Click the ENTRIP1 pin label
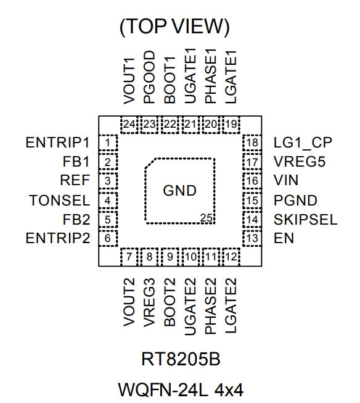tap(57, 143)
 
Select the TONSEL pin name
tap(60, 201)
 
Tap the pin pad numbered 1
tap(108, 143)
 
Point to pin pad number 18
tap(252, 143)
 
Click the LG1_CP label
tap(303, 143)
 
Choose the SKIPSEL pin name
tap(305, 220)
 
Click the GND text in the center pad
tap(180, 191)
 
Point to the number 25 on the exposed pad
tap(207, 218)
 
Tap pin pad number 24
tap(129, 125)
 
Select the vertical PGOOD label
tap(149, 77)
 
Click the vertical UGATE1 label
tap(190, 76)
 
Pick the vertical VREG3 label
tap(149, 302)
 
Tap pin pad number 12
tap(231, 257)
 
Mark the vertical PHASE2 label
tap(211, 306)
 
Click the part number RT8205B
tap(181, 359)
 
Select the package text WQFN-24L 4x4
tap(181, 389)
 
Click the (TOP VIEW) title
tap(174, 27)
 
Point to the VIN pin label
tap(286, 180)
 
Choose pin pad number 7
tap(129, 257)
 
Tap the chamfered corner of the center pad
tap(150, 164)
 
